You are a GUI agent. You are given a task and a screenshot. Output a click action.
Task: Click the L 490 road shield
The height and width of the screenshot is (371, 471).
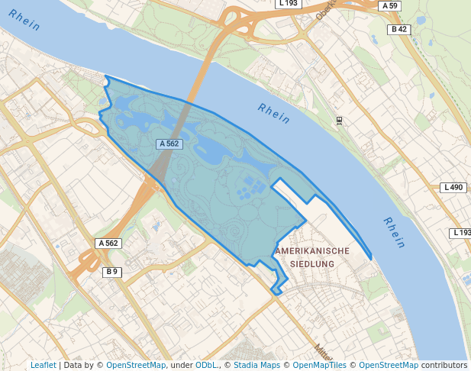coord(453,188)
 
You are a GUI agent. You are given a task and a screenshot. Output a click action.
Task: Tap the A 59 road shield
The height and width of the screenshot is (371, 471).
coord(389,6)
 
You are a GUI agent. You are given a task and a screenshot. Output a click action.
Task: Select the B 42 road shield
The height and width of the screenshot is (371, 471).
coord(398,30)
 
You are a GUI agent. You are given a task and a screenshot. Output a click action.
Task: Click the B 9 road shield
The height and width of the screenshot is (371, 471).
coord(112,272)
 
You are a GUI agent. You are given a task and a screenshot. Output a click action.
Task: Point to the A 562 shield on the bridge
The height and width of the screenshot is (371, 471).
coord(169,144)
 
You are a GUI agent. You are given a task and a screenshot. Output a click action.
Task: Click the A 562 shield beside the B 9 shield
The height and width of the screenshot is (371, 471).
coord(108,244)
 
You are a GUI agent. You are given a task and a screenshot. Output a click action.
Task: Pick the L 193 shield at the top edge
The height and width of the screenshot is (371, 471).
coord(287,4)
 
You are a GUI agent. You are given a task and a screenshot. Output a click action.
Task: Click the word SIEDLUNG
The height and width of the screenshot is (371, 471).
coord(313,264)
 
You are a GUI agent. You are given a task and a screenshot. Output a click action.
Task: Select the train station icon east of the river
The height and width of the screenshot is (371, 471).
coord(339,120)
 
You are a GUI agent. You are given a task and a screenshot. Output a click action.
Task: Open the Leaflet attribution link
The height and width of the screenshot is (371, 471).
coord(43,366)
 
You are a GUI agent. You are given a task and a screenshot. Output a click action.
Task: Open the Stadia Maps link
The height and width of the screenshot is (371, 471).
coord(255,366)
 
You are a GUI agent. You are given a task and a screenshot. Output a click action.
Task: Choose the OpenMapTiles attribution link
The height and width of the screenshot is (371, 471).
coord(319,366)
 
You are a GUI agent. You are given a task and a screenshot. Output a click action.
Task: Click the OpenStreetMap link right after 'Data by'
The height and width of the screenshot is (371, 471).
coord(136,366)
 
